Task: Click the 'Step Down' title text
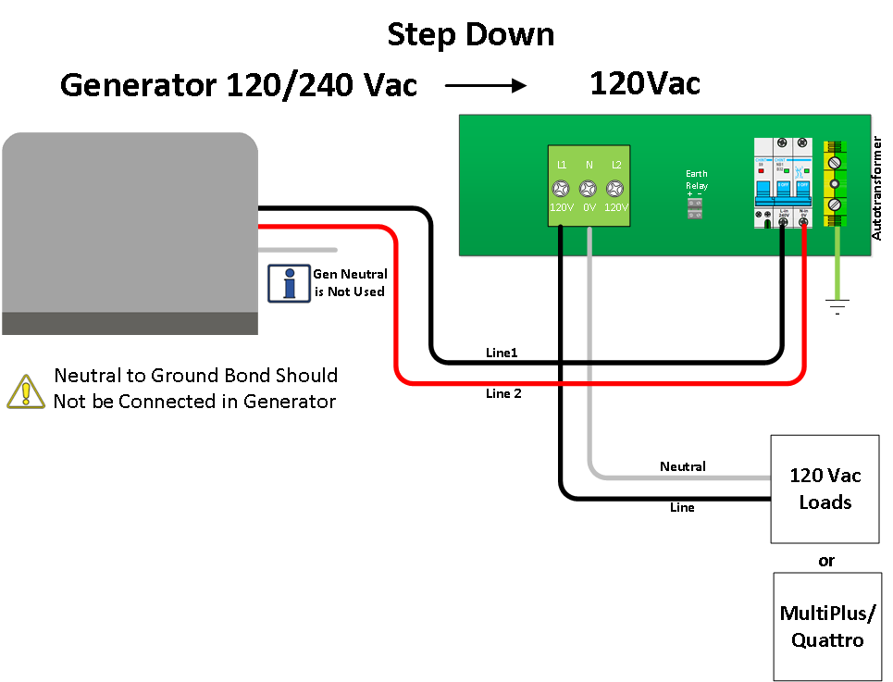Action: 470,35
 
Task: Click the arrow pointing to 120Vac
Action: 485,85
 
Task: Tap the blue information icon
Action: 289,283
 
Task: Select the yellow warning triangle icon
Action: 26,391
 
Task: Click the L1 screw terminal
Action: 562,188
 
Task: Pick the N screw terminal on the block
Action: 589,188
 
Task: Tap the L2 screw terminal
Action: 615,188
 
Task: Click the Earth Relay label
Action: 696,180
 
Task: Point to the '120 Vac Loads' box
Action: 825,489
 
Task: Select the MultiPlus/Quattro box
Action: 826,626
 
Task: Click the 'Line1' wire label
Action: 502,353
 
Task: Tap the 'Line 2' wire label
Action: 503,393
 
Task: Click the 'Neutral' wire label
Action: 682,466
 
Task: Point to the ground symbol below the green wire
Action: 837,306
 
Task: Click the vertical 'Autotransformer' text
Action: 877,188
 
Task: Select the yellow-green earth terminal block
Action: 836,184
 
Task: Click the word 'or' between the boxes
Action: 826,561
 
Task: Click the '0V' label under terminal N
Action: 589,207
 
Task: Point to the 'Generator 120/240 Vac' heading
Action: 239,85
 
